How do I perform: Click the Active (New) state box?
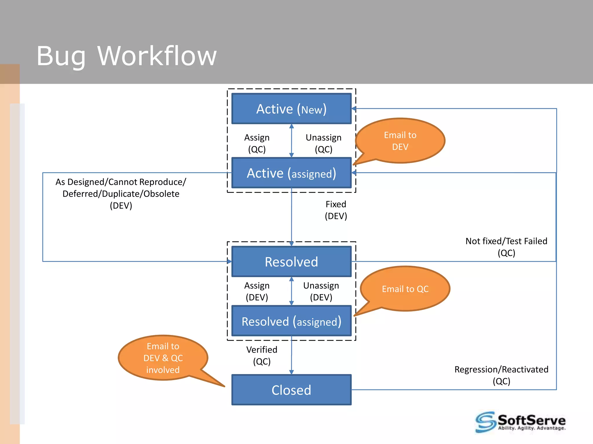291,109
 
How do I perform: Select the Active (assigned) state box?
291,173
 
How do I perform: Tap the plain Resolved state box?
291,262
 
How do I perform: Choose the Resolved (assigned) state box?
291,321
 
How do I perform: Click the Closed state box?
291,390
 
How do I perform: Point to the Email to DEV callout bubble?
400,141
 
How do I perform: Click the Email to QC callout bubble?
405,289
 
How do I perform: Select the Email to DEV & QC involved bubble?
163,358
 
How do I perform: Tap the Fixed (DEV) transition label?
336,210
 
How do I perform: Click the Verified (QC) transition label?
262,356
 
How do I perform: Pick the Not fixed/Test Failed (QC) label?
506,247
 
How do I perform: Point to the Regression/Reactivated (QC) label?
501,375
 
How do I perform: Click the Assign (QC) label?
257,143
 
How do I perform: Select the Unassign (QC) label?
323,143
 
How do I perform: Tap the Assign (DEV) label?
257,291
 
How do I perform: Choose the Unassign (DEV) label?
321,291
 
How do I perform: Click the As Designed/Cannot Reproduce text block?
121,193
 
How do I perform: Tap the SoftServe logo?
520,422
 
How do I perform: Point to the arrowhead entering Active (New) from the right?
354,109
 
